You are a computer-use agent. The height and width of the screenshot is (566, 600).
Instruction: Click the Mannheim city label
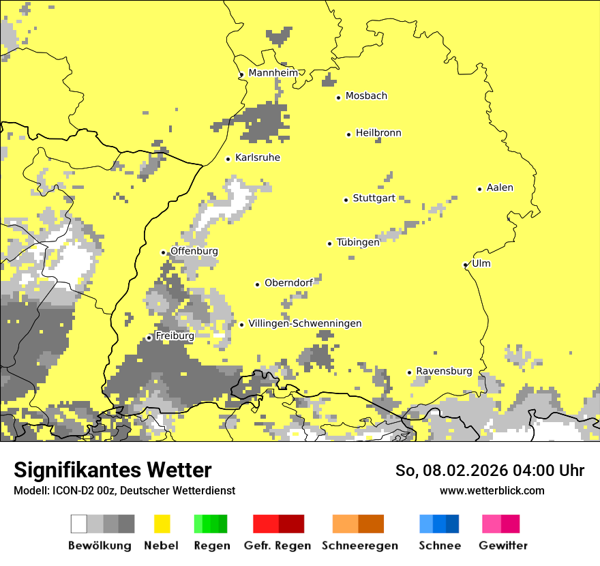pos(273,73)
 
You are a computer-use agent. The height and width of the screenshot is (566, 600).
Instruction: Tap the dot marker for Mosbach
pos(338,98)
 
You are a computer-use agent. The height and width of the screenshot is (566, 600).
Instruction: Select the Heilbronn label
pos(378,133)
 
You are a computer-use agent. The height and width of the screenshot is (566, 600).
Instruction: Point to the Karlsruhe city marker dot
pos(228,159)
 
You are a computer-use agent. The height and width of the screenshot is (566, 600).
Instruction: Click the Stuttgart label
pos(374,198)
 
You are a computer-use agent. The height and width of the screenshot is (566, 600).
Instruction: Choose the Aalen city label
pos(500,188)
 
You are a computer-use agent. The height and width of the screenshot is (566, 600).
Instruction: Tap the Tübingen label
pos(358,242)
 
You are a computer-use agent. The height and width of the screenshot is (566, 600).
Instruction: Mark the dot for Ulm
pos(465,265)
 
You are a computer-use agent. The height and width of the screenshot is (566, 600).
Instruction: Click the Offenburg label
pos(194,251)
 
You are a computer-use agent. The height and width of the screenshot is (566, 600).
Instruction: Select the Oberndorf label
pos(288,283)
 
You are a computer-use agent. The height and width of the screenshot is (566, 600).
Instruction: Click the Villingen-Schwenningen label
pos(305,323)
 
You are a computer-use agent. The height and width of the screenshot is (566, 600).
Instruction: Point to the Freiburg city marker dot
pos(149,338)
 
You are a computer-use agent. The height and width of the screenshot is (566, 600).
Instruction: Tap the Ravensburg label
pos(444,371)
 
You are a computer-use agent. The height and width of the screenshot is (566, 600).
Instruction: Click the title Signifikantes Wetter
pos(112,470)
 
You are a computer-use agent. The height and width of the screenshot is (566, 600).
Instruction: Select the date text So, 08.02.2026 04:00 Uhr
pos(490,471)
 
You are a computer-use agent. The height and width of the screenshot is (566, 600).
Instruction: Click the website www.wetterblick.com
pos(492,490)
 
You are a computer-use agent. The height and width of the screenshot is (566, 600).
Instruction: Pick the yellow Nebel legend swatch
pos(162,524)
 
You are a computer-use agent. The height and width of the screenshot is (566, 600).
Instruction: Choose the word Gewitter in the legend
pos(503,546)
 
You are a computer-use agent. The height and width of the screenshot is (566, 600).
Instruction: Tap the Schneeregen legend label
pos(359,546)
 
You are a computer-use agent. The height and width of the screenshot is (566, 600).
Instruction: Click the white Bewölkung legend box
pos(78,524)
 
